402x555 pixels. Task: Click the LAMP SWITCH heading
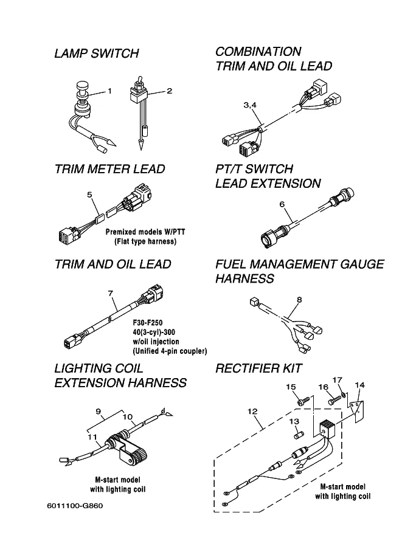click(x=96, y=53)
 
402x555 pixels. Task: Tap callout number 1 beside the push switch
click(x=110, y=91)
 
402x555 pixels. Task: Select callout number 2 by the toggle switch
click(x=169, y=91)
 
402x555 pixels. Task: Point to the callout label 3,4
click(x=250, y=105)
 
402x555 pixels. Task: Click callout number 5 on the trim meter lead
click(x=89, y=195)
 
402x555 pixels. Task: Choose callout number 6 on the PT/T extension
click(x=282, y=204)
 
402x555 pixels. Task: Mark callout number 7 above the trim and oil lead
click(x=110, y=294)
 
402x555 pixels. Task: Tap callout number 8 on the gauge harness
click(x=299, y=299)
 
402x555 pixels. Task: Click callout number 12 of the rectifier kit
click(x=250, y=411)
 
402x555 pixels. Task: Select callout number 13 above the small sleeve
click(x=294, y=421)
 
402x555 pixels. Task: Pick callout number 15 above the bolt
click(x=291, y=387)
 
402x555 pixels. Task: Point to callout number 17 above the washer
click(x=341, y=381)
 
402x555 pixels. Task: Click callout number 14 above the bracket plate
click(x=360, y=385)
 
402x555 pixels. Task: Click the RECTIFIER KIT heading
click(x=258, y=368)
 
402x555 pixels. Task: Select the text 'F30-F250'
click(x=147, y=322)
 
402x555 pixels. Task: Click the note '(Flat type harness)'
click(x=145, y=241)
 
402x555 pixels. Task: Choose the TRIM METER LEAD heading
click(x=109, y=169)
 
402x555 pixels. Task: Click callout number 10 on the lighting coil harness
click(x=128, y=417)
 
